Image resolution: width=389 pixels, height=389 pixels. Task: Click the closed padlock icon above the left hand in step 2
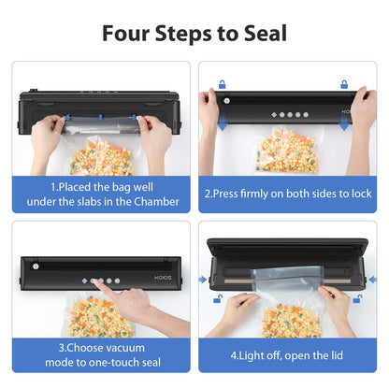click(222, 84)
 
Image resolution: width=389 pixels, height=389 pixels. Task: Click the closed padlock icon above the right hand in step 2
click(344, 84)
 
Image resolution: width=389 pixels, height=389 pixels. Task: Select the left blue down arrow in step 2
click(223, 122)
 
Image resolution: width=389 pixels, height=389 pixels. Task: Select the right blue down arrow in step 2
click(344, 122)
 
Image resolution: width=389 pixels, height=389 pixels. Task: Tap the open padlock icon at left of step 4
click(218, 299)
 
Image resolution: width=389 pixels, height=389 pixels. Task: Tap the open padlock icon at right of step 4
click(357, 299)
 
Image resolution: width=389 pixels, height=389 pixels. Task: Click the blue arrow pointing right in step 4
click(203, 280)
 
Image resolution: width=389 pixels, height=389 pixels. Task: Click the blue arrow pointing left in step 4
click(372, 280)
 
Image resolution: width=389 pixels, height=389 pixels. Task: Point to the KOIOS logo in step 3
click(163, 278)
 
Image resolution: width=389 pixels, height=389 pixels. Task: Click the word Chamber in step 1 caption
click(156, 202)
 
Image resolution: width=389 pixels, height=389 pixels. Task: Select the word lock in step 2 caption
click(362, 194)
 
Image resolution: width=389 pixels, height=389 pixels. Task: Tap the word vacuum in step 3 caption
click(125, 348)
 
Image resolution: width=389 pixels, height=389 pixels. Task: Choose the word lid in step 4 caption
click(338, 355)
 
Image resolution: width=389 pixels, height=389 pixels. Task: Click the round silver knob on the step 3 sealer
click(36, 267)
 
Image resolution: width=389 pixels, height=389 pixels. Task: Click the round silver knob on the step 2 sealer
click(226, 101)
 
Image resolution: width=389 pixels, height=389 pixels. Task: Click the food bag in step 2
click(287, 150)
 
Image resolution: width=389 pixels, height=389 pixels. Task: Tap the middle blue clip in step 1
click(100, 117)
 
